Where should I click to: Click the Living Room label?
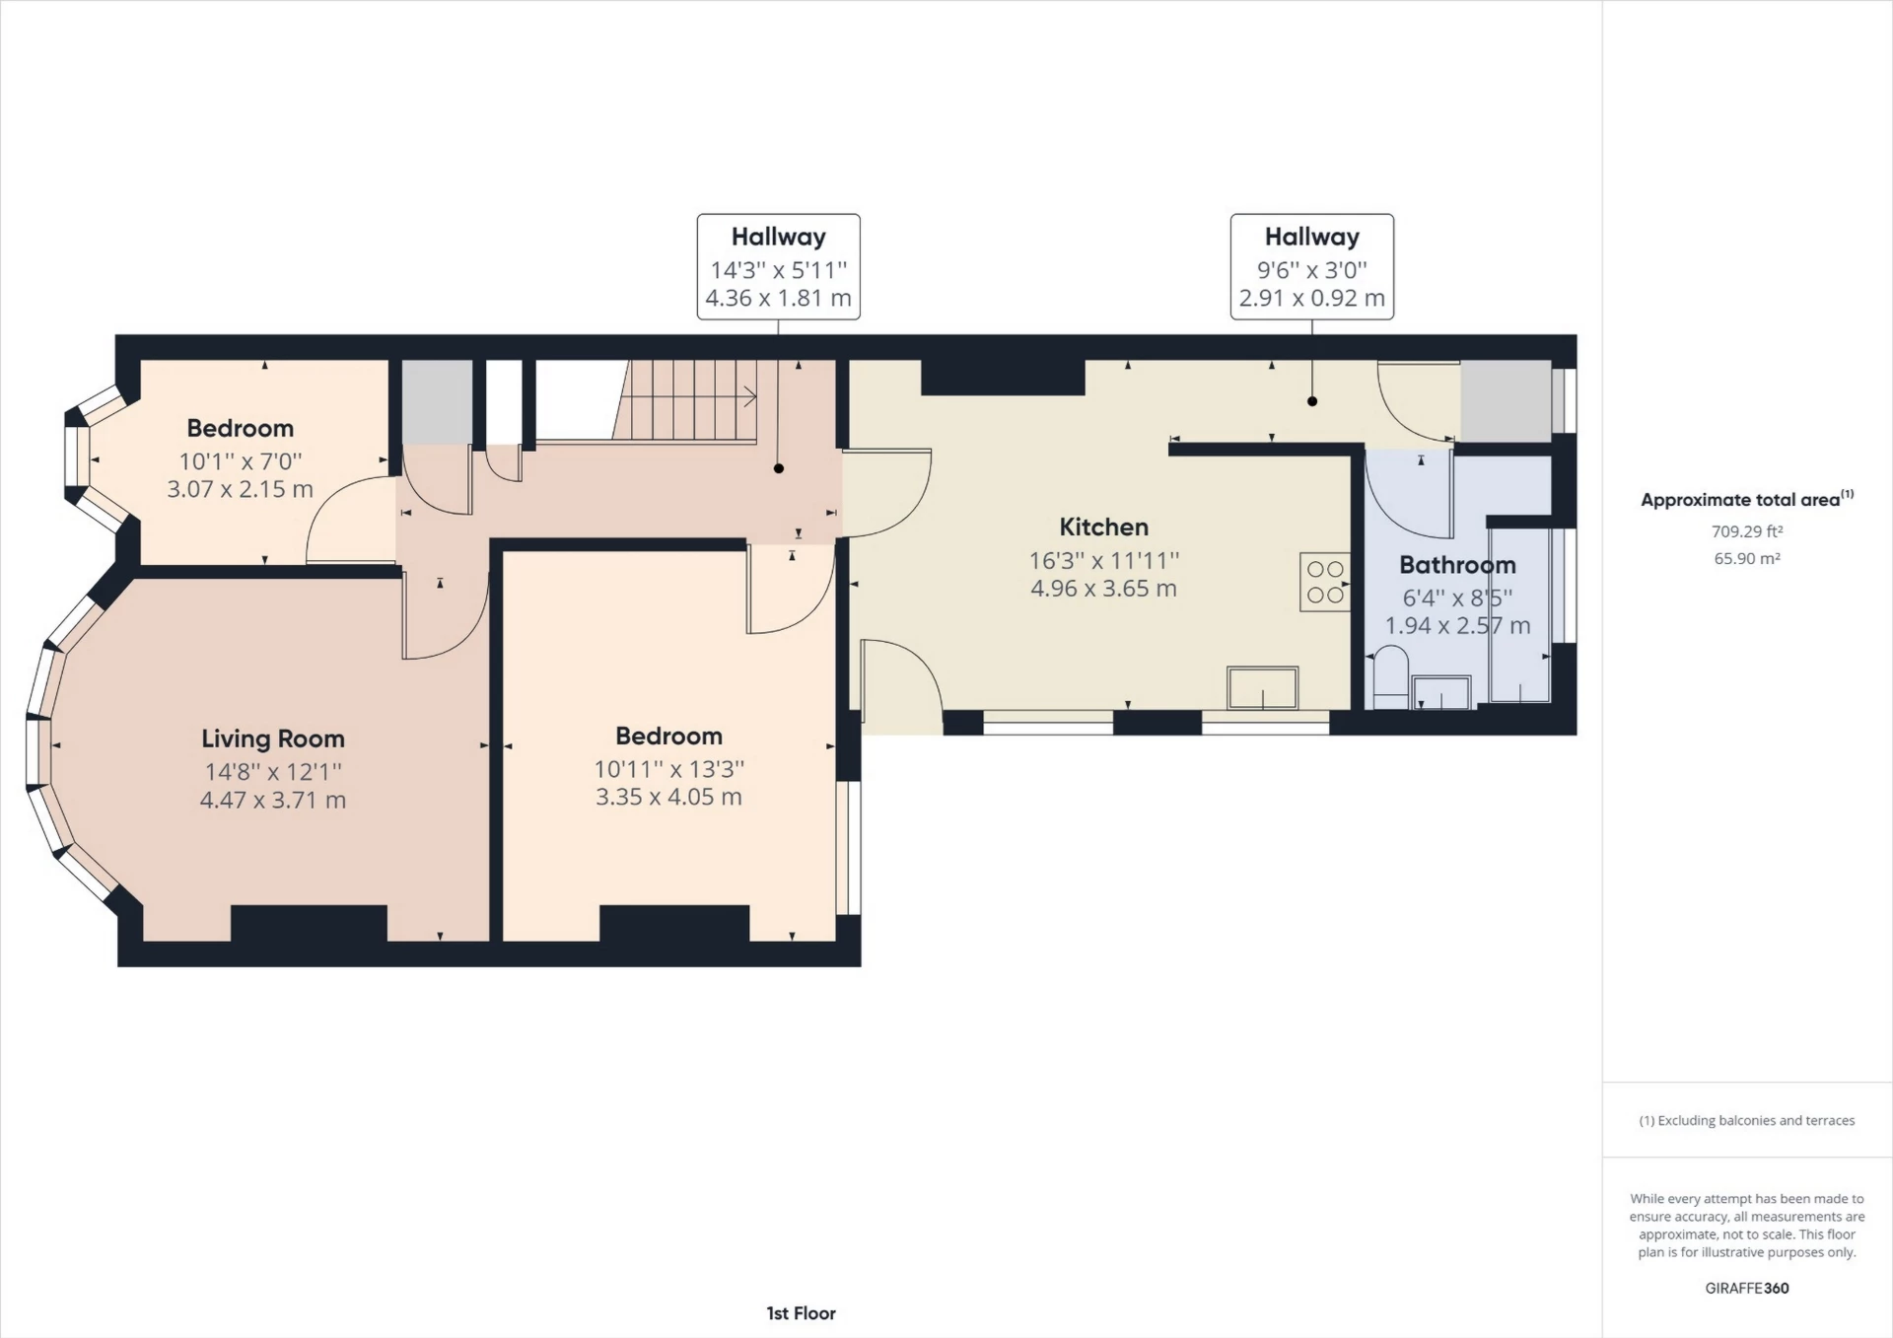click(273, 739)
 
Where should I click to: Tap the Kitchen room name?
click(1103, 527)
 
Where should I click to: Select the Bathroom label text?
click(1457, 565)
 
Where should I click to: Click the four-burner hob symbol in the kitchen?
click(1325, 582)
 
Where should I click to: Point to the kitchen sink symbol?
click(1262, 687)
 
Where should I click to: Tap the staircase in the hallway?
click(690, 399)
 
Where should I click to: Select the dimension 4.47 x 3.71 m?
click(273, 800)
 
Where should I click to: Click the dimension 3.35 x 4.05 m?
click(668, 797)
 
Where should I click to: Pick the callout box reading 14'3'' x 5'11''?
click(778, 268)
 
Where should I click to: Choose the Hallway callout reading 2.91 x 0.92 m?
click(1311, 298)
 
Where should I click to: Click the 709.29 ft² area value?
click(1746, 531)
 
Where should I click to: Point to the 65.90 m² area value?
click(1746, 558)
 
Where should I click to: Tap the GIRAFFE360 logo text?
click(1746, 1288)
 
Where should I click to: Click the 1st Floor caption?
click(801, 1313)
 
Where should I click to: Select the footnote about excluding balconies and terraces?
click(1746, 1120)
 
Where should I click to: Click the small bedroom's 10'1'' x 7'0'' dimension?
click(240, 460)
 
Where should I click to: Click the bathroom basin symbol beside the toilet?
click(1441, 692)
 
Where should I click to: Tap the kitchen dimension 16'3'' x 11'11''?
click(1103, 560)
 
